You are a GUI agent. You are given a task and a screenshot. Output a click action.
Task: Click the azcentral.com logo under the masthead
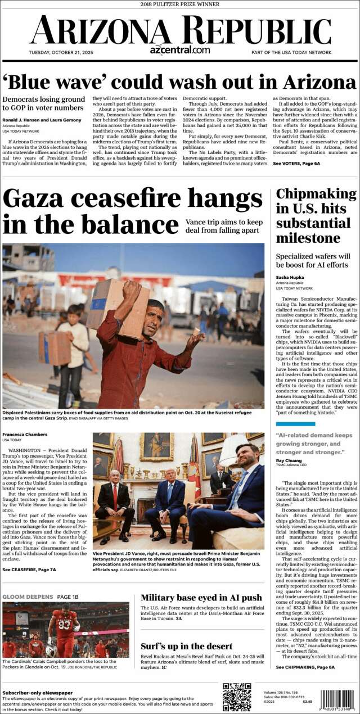click(x=179, y=50)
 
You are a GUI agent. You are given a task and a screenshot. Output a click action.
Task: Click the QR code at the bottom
click(x=237, y=697)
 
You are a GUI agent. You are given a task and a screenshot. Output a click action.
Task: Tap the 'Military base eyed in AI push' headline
click(x=201, y=598)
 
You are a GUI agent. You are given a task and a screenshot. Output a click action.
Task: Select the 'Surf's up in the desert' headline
click(x=186, y=646)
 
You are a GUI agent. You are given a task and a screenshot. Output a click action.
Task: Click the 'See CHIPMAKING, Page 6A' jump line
click(x=305, y=667)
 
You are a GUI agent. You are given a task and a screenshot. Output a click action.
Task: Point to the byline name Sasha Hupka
click(x=290, y=278)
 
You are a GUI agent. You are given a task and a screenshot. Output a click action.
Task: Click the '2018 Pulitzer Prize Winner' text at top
click(x=179, y=4)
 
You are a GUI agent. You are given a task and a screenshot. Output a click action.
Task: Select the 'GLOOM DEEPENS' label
click(x=28, y=596)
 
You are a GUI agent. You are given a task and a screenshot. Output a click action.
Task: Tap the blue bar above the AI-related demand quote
click(x=291, y=424)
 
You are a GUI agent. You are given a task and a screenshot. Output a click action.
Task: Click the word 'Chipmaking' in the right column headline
click(x=316, y=195)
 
